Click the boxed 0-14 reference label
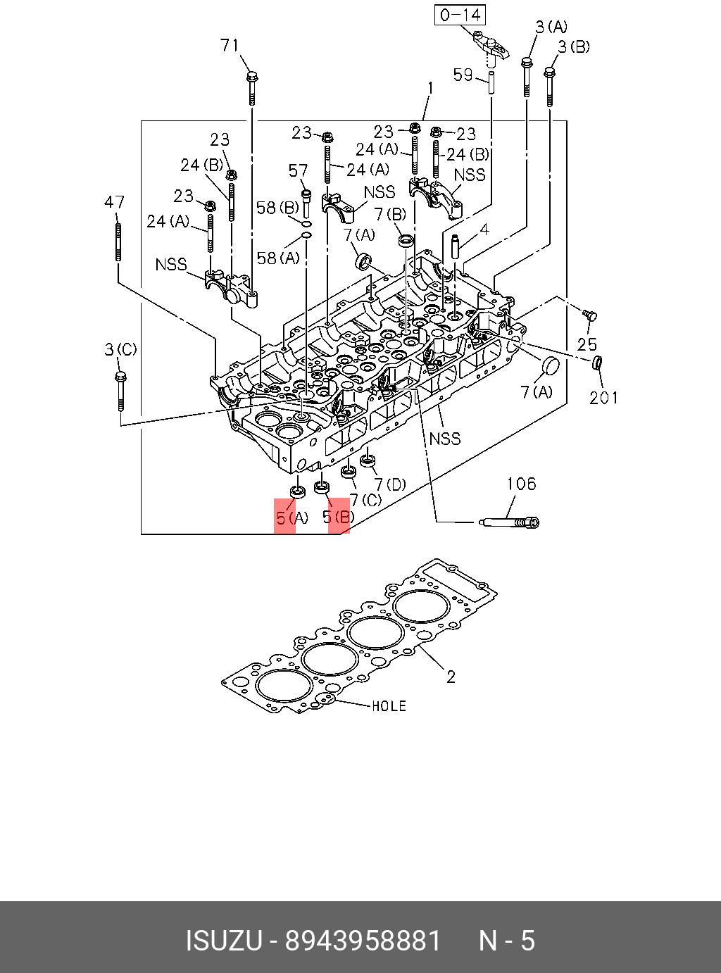pyautogui.click(x=461, y=15)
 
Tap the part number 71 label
pyautogui.click(x=230, y=46)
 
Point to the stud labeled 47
pyautogui.click(x=118, y=241)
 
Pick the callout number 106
pyautogui.click(x=521, y=484)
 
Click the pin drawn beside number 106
pyautogui.click(x=508, y=522)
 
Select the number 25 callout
pyautogui.click(x=587, y=344)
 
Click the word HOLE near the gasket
pyautogui.click(x=389, y=705)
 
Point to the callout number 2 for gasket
pyautogui.click(x=451, y=677)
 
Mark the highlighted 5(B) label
pyautogui.click(x=338, y=518)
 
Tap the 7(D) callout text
pyautogui.click(x=390, y=484)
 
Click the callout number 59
pyautogui.click(x=463, y=75)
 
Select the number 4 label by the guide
pyautogui.click(x=484, y=230)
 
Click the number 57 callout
pyautogui.click(x=299, y=170)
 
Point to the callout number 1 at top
pyautogui.click(x=430, y=89)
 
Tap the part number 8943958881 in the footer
pyautogui.click(x=363, y=941)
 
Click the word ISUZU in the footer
pyautogui.click(x=223, y=941)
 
